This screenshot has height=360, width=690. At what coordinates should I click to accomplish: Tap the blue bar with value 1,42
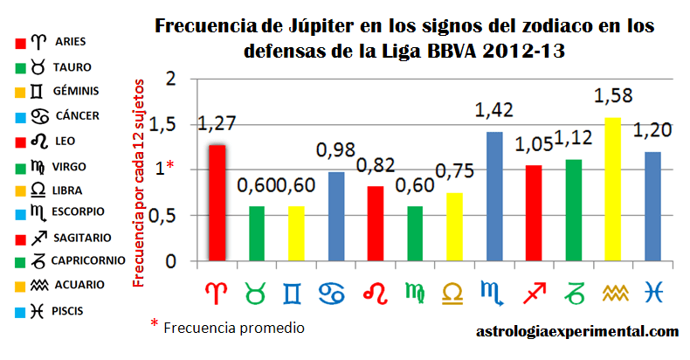(494, 197)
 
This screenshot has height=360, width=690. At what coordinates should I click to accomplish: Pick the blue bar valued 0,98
(335, 217)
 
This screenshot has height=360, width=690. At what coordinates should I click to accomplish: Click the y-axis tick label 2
(170, 80)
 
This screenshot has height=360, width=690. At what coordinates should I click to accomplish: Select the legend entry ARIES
(68, 41)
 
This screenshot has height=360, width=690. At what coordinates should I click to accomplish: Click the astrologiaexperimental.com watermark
(577, 332)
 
